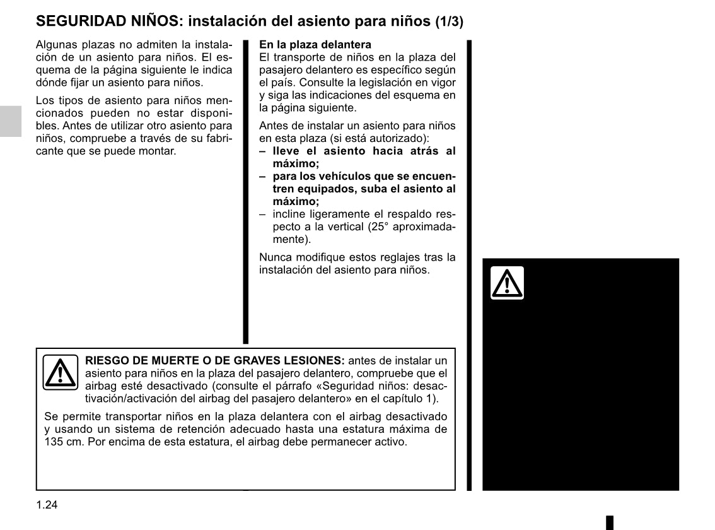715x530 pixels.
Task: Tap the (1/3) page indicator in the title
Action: click(449, 21)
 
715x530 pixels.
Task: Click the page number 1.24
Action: click(47, 505)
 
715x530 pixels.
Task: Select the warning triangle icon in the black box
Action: click(508, 283)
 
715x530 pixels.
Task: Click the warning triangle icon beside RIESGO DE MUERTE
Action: click(60, 373)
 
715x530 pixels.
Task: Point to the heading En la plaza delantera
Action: click(315, 45)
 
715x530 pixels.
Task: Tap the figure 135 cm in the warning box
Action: click(59, 442)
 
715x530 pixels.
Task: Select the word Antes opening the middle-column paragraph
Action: click(273, 126)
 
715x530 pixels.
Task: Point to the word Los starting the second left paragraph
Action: click(45, 101)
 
